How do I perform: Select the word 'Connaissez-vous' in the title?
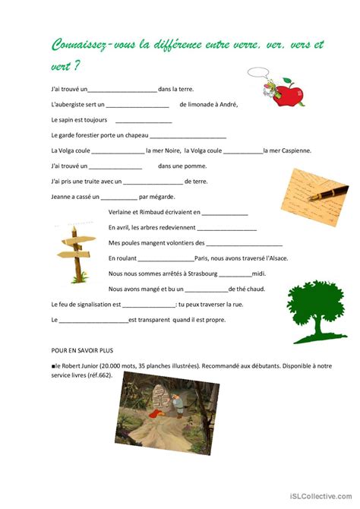click(x=89, y=46)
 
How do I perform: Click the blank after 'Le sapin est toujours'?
click(x=144, y=120)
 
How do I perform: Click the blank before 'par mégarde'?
click(x=118, y=197)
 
